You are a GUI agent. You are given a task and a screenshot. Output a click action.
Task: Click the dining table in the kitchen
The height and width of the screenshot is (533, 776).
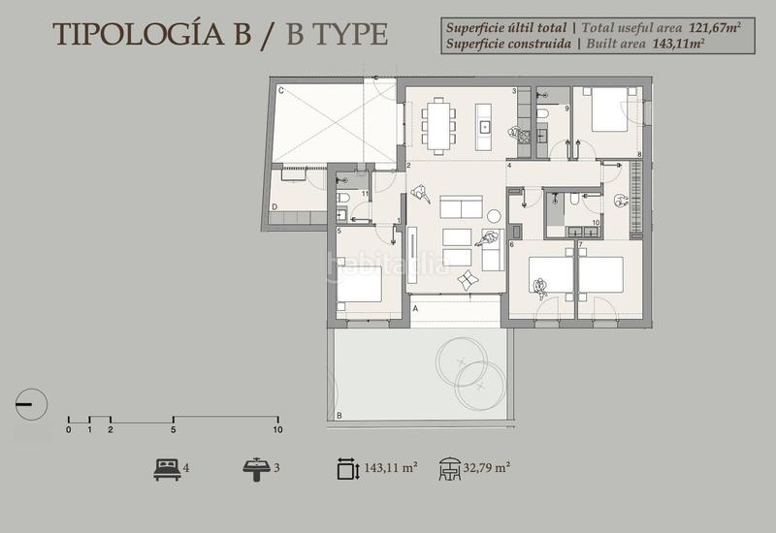click(438, 125)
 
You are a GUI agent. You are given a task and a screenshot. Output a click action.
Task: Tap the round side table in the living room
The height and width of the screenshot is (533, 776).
click(494, 215)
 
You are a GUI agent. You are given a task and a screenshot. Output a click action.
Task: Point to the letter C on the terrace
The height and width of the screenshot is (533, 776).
click(280, 91)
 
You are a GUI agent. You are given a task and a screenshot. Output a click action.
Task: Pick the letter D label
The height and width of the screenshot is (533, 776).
click(275, 207)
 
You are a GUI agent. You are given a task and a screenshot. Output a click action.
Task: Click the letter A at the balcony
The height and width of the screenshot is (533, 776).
click(415, 307)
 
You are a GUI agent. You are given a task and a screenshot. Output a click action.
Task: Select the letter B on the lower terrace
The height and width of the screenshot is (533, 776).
click(339, 416)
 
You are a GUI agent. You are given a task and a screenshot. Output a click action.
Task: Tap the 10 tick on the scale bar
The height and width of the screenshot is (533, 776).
click(277, 429)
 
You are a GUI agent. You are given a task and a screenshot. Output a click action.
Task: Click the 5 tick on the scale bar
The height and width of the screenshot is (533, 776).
click(173, 429)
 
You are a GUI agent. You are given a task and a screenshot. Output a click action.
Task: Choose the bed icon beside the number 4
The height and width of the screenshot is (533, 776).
click(166, 469)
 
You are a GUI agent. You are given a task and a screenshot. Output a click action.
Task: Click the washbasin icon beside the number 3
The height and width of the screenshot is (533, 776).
click(256, 469)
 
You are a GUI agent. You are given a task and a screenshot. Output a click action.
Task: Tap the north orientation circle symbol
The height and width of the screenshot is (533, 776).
click(29, 402)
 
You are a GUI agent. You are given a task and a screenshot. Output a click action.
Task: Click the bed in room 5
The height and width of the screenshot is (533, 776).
click(359, 282)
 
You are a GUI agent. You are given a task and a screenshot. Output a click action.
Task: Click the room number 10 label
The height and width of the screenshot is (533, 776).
click(595, 223)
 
